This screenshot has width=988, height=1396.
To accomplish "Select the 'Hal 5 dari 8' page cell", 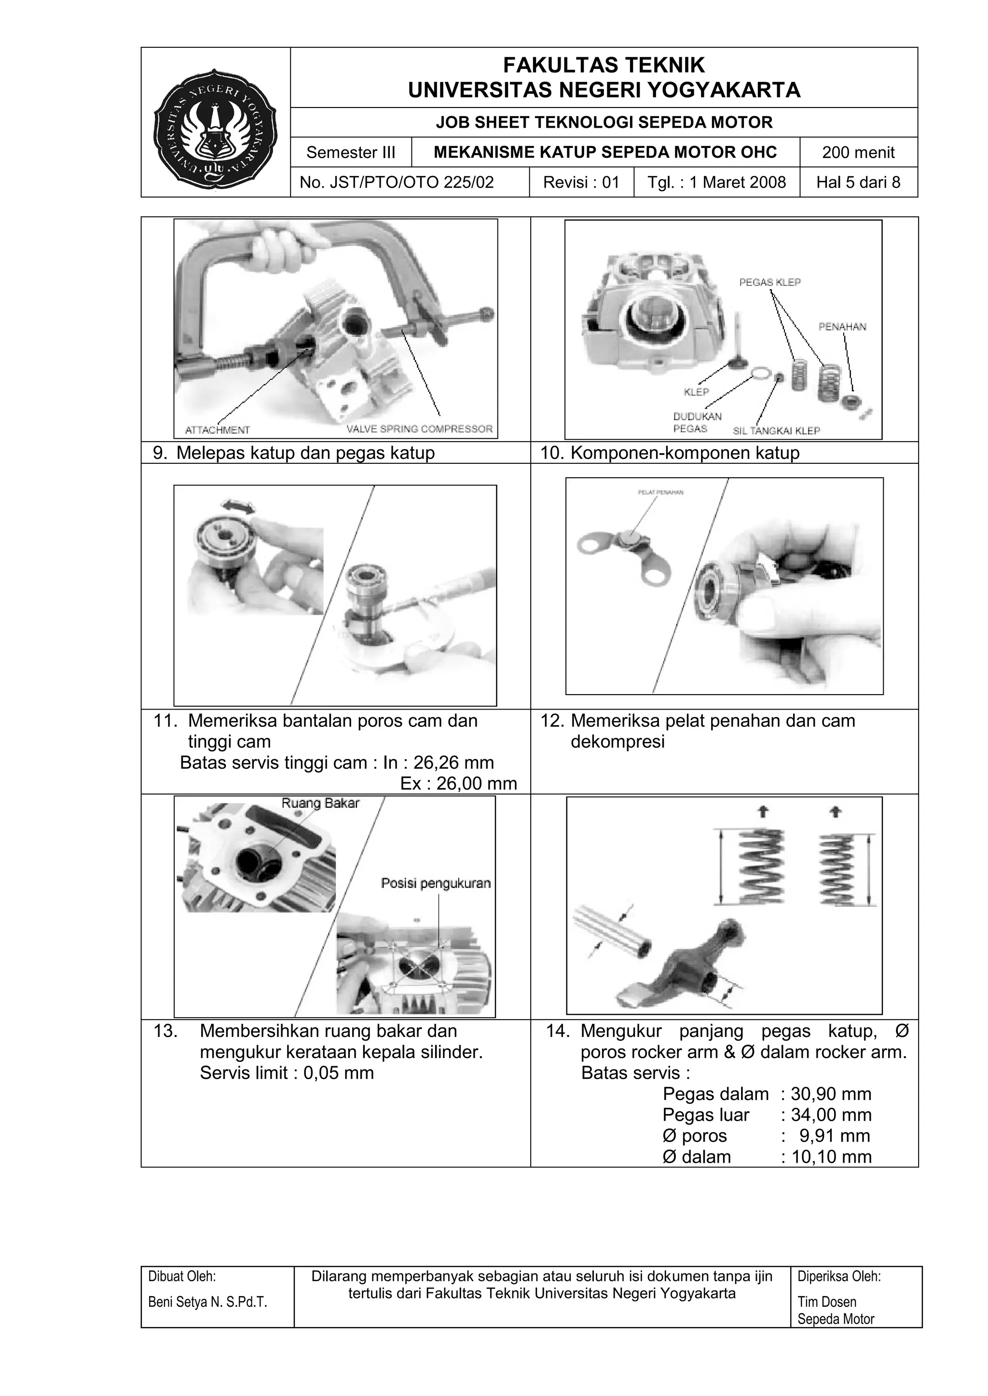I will (858, 182).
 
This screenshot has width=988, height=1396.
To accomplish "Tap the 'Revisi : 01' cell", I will (581, 182).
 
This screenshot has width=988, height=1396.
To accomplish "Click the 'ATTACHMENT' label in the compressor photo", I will (217, 430).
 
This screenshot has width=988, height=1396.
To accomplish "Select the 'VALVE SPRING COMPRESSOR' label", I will (419, 429).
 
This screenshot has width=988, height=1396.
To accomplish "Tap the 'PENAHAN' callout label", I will (842, 326).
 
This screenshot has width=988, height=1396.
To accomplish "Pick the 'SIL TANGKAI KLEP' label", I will (776, 430).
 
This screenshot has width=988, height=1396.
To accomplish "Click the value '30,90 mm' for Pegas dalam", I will (831, 1094).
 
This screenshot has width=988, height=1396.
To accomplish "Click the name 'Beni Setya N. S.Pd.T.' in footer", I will (207, 1302).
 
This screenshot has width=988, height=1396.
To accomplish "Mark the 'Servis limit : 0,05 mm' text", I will (287, 1073).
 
